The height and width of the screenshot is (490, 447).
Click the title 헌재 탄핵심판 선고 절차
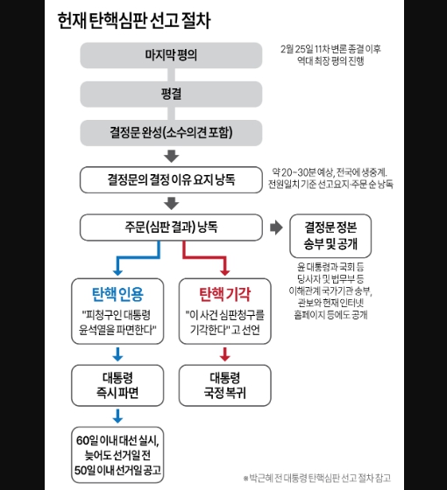(134, 21)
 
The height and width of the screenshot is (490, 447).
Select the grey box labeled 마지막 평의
(171, 55)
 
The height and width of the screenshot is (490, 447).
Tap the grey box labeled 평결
(171, 94)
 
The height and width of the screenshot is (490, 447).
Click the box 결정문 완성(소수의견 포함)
(171, 133)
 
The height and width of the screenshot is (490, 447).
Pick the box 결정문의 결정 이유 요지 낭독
(171, 179)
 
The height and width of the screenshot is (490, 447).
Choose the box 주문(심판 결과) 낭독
(171, 227)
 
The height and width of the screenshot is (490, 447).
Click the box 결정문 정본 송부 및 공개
(330, 235)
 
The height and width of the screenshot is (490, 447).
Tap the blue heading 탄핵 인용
(117, 294)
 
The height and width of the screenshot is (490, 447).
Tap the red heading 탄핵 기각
(224, 294)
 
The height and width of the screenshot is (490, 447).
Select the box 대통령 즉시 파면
(117, 385)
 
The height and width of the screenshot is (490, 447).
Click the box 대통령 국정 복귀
(224, 385)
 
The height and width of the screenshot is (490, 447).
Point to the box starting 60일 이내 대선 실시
(117, 455)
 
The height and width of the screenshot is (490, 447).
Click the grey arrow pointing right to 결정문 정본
(276, 227)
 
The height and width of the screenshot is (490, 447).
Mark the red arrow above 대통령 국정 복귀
(224, 354)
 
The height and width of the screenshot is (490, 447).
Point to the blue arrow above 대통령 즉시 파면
(117, 354)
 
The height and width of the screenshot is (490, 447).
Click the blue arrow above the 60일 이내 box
(117, 416)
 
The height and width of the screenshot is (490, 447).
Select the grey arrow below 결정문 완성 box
(171, 157)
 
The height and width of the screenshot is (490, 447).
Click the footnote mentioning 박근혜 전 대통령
(317, 478)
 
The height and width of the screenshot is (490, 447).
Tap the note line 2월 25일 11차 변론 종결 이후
(330, 49)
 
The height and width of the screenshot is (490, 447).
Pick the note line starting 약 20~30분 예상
(330, 172)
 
